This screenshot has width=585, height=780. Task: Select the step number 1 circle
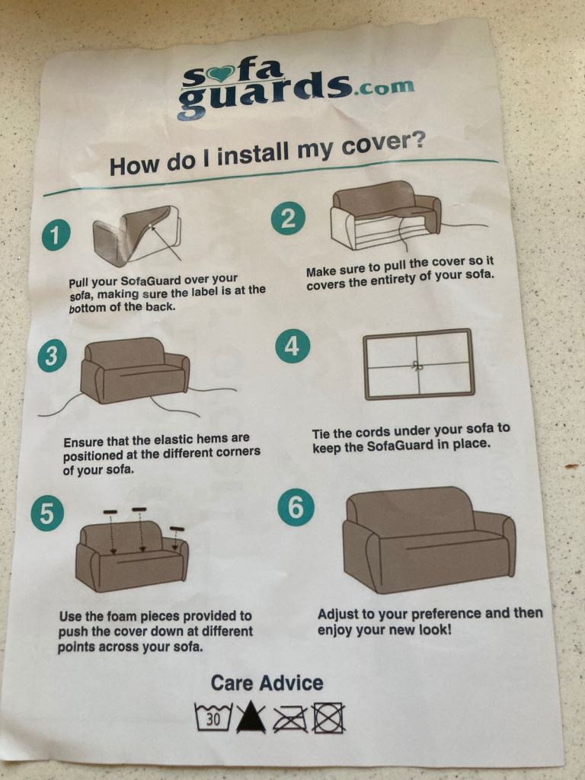click(x=55, y=235)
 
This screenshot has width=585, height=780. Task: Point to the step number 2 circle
click(x=287, y=219)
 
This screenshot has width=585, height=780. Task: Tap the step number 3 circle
click(x=52, y=356)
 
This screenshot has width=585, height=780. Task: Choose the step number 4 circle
click(x=292, y=346)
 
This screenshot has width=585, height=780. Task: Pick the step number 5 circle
click(x=46, y=514)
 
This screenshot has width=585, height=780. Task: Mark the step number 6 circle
click(x=296, y=507)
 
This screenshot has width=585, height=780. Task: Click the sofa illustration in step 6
click(x=429, y=539)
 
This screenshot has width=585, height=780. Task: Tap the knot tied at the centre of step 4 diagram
click(x=417, y=366)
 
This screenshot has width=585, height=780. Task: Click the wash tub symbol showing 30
click(x=213, y=717)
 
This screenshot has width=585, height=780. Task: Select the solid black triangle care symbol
click(x=251, y=718)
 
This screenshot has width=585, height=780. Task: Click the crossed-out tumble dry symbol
click(x=328, y=718)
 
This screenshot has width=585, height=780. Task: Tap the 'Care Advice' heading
click(x=267, y=683)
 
